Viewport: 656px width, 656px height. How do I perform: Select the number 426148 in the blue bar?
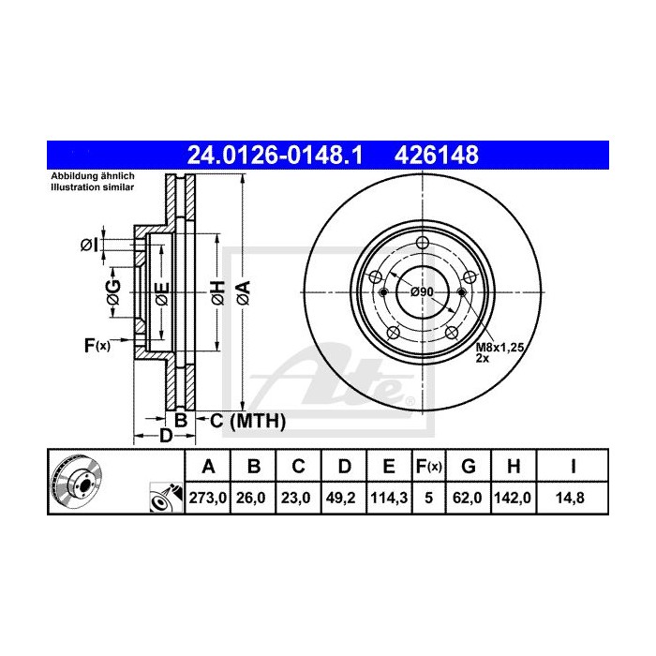(440, 153)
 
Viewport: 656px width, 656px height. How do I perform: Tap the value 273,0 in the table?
(209, 499)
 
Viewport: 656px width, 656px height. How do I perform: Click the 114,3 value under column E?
(386, 499)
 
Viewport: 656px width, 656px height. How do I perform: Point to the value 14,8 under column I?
(572, 499)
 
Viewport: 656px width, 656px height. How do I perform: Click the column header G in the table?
(469, 466)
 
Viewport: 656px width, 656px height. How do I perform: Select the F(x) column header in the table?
(427, 466)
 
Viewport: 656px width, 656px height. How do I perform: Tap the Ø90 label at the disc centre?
(423, 293)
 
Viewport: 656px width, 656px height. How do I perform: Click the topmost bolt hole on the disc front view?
(423, 245)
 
